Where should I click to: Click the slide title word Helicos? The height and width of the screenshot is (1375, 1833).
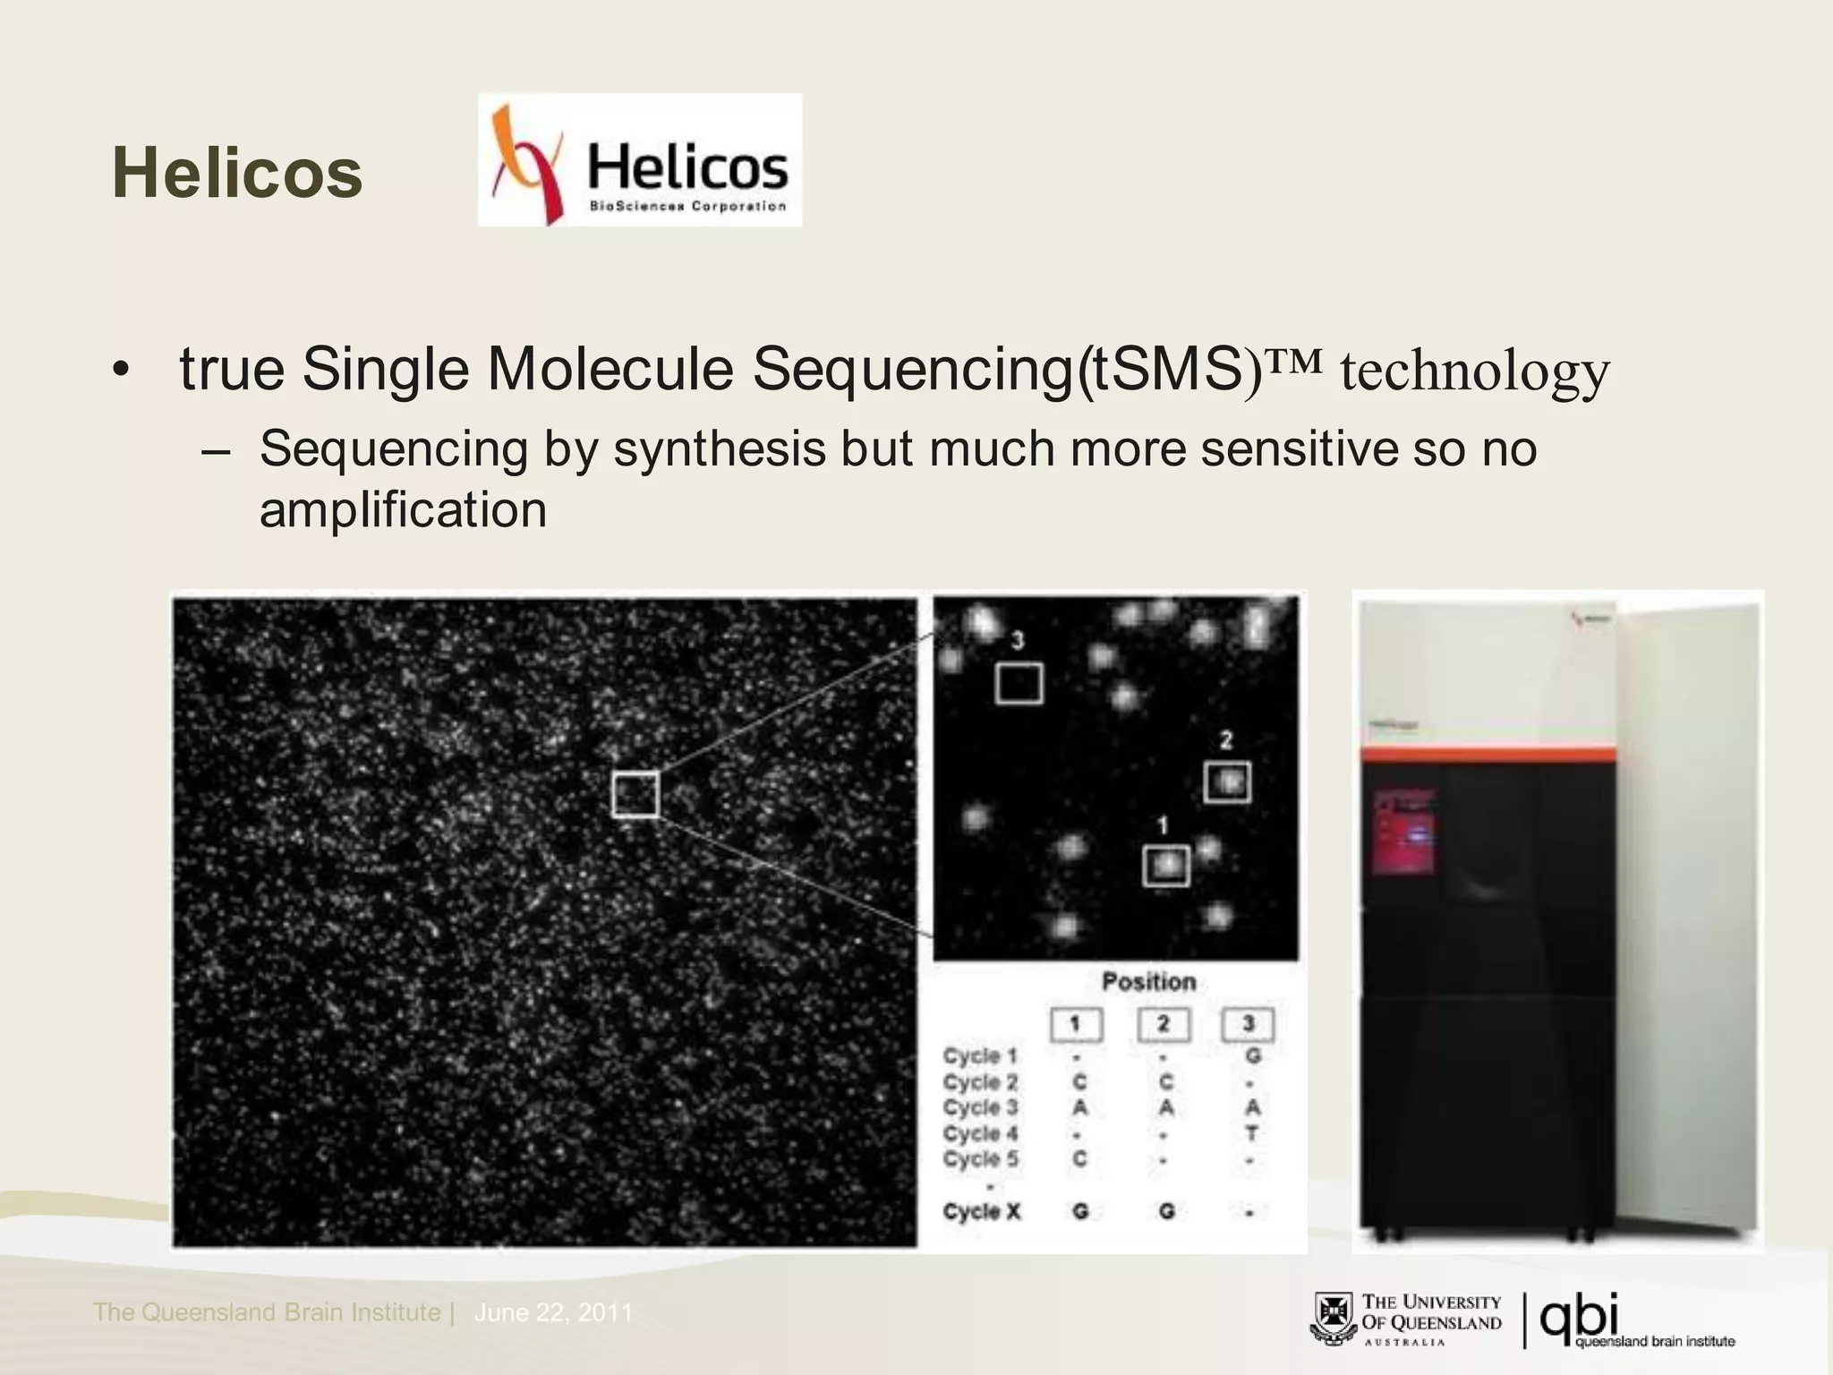pyautogui.click(x=237, y=173)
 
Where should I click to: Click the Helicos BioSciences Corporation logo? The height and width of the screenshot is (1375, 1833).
pyautogui.click(x=639, y=160)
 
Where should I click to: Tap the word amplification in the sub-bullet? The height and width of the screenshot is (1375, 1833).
pyautogui.click(x=403, y=510)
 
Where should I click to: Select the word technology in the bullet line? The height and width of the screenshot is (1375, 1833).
pyautogui.click(x=1474, y=371)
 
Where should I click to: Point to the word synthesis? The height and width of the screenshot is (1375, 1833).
pyautogui.click(x=719, y=448)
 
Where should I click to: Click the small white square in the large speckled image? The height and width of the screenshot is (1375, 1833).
pyautogui.click(x=635, y=794)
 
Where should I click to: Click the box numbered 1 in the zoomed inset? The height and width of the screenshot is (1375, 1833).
pyautogui.click(x=1166, y=866)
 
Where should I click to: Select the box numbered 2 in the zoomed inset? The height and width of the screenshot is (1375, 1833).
pyautogui.click(x=1226, y=781)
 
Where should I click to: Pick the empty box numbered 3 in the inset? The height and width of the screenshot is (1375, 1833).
pyautogui.click(x=1019, y=683)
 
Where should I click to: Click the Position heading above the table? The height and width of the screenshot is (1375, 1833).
pyautogui.click(x=1148, y=982)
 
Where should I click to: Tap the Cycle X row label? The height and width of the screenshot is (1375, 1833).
pyautogui.click(x=981, y=1211)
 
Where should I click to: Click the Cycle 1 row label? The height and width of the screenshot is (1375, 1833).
pyautogui.click(x=979, y=1056)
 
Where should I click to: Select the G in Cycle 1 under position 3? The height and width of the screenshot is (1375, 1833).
pyautogui.click(x=1252, y=1056)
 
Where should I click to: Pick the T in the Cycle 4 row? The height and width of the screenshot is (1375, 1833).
pyautogui.click(x=1251, y=1133)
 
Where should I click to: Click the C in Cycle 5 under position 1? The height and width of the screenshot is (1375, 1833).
pyautogui.click(x=1079, y=1158)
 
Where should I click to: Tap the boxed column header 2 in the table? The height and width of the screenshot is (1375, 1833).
pyautogui.click(x=1164, y=1024)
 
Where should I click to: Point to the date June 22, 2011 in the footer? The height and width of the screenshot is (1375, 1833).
pyautogui.click(x=553, y=1312)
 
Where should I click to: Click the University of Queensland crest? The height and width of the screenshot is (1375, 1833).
pyautogui.click(x=1333, y=1319)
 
